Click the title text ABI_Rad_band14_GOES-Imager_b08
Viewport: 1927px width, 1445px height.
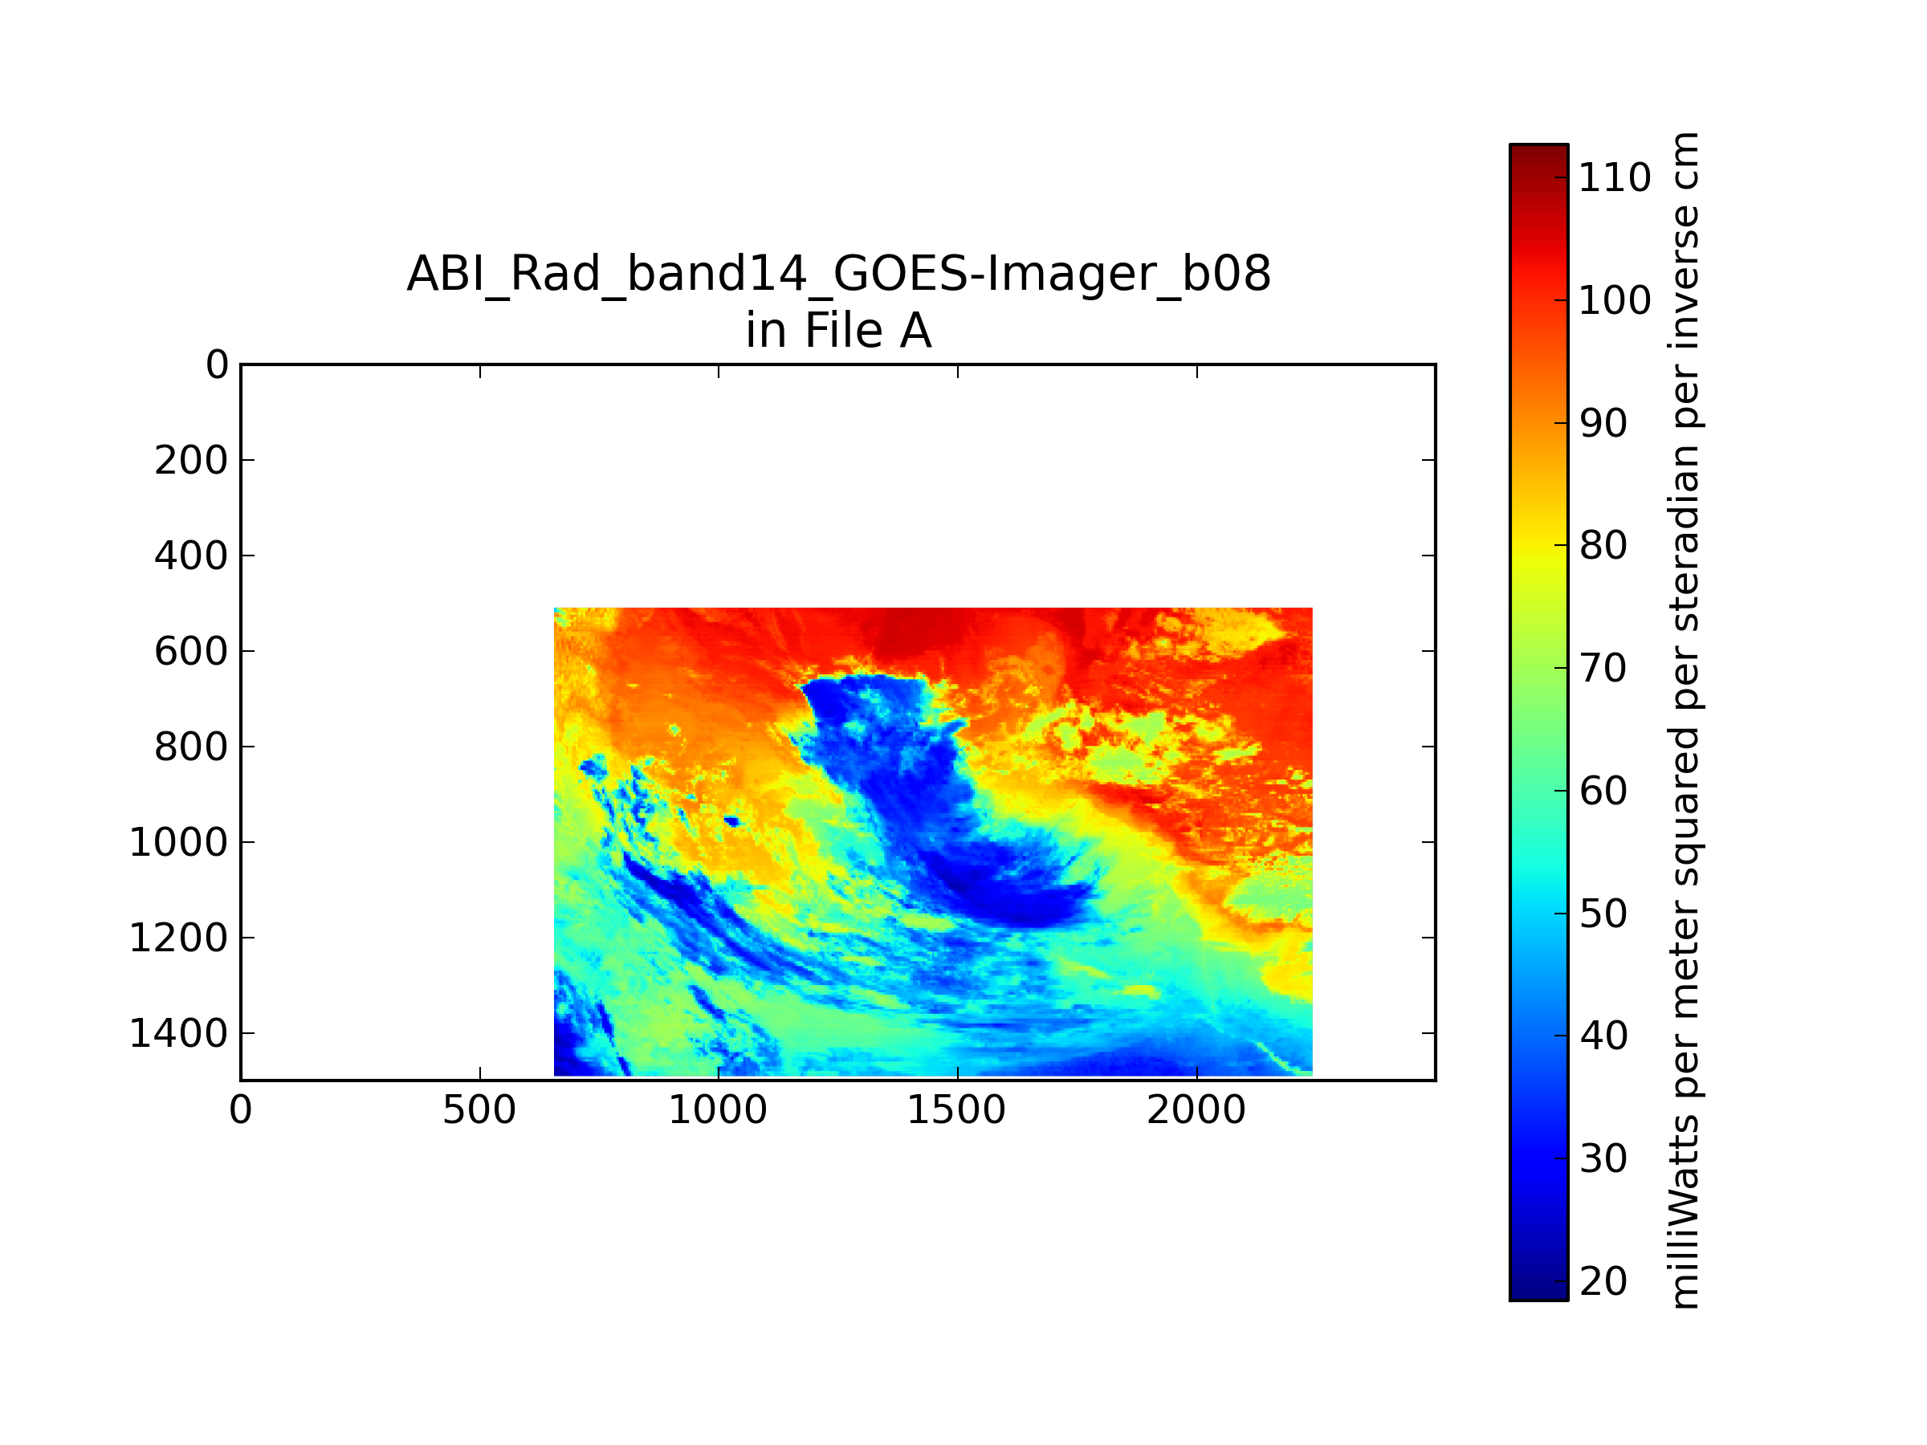(838, 274)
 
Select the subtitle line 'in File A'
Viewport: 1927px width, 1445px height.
(838, 331)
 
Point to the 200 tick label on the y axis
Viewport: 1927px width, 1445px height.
(191, 461)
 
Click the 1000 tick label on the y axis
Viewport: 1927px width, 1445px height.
(178, 842)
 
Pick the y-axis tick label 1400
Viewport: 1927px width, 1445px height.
(178, 1034)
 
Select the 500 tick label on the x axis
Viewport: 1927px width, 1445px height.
(479, 1110)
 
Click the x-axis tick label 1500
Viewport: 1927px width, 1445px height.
(956, 1110)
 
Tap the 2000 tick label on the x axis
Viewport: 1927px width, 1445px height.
(1196, 1110)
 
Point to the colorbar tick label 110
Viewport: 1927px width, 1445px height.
(1614, 177)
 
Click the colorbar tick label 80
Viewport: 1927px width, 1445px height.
(1603, 545)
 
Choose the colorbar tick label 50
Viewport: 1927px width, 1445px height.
(1603, 914)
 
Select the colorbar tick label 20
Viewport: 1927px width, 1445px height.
(1603, 1281)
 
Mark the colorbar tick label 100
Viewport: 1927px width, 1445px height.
(1614, 300)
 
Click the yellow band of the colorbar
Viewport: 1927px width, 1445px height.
(1538, 557)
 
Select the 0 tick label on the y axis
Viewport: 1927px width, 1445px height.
(216, 365)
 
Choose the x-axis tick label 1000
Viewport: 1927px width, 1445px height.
(718, 1110)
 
